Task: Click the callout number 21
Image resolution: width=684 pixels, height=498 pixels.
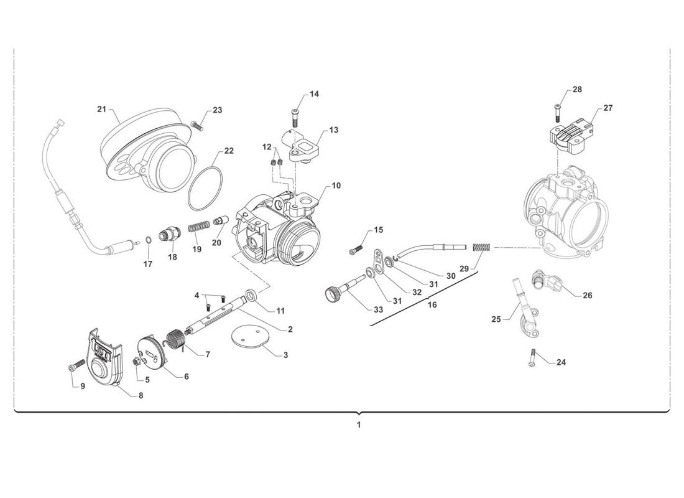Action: pyautogui.click(x=102, y=110)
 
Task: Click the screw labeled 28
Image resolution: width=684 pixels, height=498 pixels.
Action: pyautogui.click(x=557, y=114)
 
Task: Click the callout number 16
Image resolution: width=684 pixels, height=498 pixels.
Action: pyautogui.click(x=433, y=305)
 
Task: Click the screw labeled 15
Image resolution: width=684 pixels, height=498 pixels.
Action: pyautogui.click(x=356, y=250)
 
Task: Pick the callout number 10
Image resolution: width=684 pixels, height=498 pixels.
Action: pyautogui.click(x=336, y=186)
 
